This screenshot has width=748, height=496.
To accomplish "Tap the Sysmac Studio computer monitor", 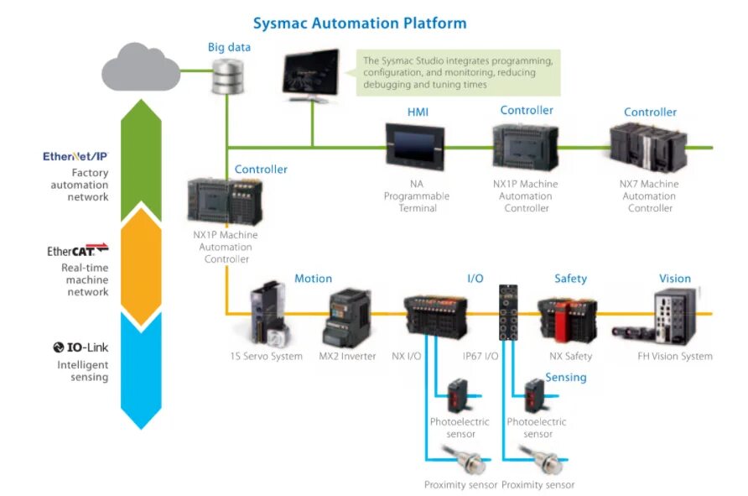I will pos(311,74).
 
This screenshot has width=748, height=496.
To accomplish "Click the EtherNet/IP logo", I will pos(75,157).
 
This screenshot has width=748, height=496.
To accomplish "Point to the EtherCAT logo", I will pos(78,250).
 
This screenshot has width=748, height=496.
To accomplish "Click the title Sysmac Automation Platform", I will pos(360,23).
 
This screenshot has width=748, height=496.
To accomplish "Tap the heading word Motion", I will pos(313,279).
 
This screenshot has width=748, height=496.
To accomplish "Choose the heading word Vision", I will pos(674,279).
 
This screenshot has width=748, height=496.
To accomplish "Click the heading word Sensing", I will pos(566,378).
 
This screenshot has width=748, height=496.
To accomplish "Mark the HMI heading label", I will pos(418,112).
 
